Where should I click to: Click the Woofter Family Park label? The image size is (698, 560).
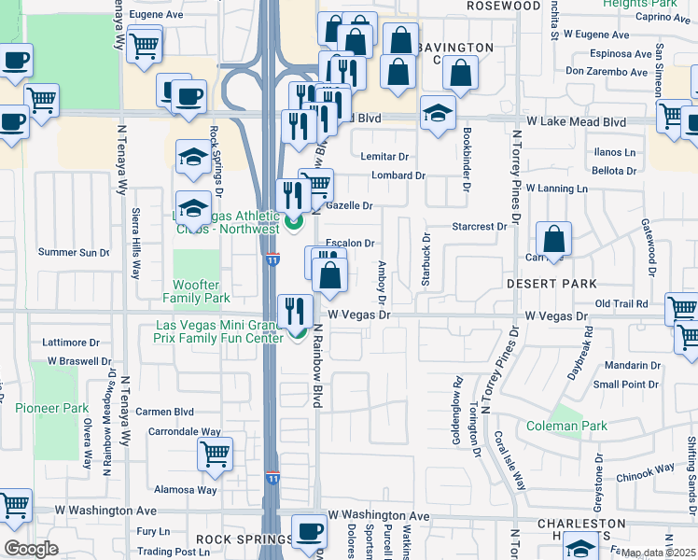point(202,291)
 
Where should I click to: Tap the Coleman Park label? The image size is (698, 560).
point(579,427)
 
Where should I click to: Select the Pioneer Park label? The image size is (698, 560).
point(51,408)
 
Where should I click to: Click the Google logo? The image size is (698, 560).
point(31,548)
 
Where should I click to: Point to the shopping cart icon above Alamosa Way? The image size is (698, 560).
point(215,455)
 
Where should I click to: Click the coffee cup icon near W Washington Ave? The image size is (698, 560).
point(309,531)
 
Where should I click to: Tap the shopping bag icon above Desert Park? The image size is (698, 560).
point(554,239)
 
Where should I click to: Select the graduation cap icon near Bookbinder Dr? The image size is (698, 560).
point(437,113)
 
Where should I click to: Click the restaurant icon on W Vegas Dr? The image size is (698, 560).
point(296,310)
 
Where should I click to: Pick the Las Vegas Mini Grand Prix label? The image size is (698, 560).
point(219,331)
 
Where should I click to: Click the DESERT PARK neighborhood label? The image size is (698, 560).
point(551,283)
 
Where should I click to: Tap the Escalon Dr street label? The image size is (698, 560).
point(350,243)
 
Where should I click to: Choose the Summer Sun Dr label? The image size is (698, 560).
point(74,252)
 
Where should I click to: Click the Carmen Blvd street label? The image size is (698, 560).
point(164,411)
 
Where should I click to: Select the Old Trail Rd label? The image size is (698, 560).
point(621,303)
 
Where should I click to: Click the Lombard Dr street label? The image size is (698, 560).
point(398,175)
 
